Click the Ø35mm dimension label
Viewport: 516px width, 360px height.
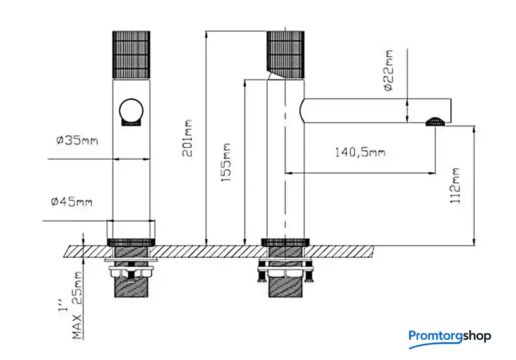pyautogui.click(x=76, y=141)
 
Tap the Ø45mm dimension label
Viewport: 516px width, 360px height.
pyautogui.click(x=71, y=201)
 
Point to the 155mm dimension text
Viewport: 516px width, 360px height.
pyautogui.click(x=226, y=163)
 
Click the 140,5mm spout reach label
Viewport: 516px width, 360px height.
pyautogui.click(x=360, y=152)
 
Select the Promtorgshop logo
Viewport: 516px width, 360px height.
pyautogui.click(x=449, y=337)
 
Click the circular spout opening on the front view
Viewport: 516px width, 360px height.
pyautogui.click(x=131, y=111)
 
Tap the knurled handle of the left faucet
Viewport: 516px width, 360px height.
pyautogui.click(x=131, y=54)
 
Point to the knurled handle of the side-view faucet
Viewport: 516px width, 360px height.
pyautogui.click(x=287, y=54)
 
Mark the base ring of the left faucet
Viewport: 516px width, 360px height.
pyautogui.click(x=132, y=241)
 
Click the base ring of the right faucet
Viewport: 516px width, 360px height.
pyautogui.click(x=287, y=241)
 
